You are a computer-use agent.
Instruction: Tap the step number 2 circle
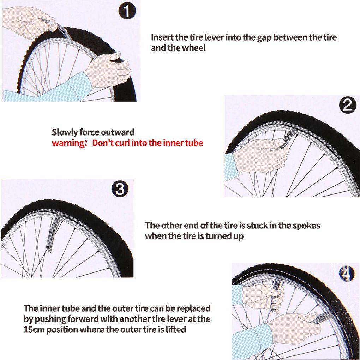[x=347, y=106]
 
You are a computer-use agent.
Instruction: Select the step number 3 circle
[x=120, y=189]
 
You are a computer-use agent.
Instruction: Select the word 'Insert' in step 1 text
[x=162, y=37]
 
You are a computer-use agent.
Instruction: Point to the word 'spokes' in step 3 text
[x=307, y=225]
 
